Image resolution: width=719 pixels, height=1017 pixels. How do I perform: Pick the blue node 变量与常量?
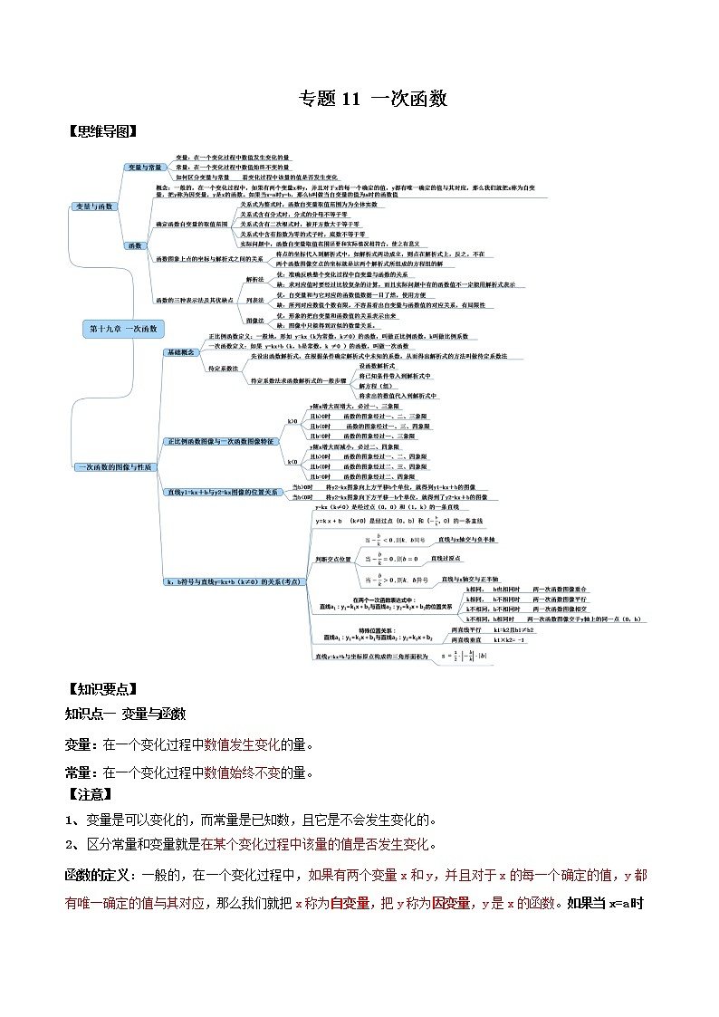point(145,168)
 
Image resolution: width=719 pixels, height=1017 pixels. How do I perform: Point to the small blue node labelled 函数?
point(135,245)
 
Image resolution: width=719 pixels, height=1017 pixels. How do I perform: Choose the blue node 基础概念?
point(180,352)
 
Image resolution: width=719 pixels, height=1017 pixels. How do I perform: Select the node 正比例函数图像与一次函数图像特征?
point(219,441)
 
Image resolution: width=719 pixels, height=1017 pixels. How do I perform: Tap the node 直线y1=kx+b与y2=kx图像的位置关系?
point(221,492)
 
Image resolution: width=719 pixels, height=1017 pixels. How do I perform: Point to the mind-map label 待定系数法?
point(223,369)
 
